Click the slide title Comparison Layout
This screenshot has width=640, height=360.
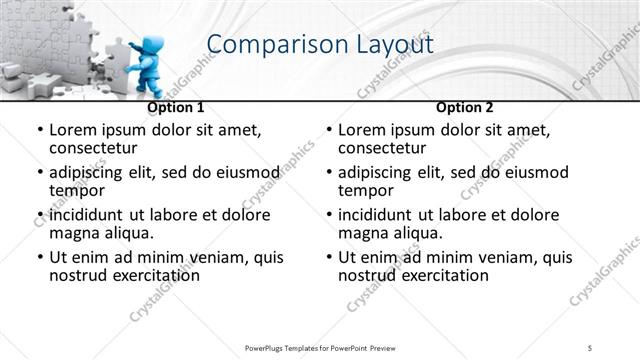click(x=319, y=45)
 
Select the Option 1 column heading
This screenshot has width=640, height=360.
click(x=176, y=107)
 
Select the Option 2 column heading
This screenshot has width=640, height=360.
click(x=465, y=107)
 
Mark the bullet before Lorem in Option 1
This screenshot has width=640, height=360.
click(x=38, y=131)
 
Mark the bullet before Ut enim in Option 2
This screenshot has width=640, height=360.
click(x=328, y=257)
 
